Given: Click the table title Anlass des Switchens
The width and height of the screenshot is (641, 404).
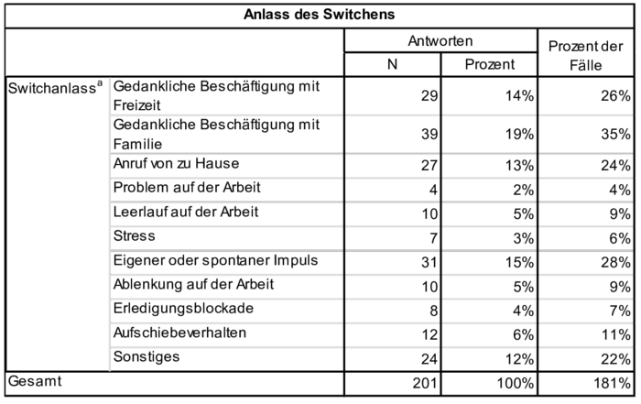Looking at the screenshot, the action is tap(320, 15).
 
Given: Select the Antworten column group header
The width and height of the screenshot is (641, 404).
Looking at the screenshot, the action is tap(440, 41).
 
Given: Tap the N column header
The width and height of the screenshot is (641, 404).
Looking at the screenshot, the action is tap(392, 64).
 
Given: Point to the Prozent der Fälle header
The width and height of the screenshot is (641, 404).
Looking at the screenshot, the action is tap(585, 55).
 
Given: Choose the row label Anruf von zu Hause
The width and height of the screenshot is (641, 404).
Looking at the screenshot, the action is tap(176, 164).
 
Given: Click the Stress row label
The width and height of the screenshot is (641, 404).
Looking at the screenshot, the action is tap(134, 236).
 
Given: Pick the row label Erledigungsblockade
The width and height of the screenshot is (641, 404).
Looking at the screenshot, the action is tap(183, 309).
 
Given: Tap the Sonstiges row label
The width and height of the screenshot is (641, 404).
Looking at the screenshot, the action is tap(147, 356).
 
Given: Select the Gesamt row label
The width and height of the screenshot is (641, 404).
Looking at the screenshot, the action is tap(35, 381).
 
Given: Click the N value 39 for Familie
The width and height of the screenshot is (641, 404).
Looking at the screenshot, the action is tap(429, 134).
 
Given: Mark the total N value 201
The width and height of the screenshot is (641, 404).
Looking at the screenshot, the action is tap(425, 383).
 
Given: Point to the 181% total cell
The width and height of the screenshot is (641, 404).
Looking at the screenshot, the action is tap(612, 383).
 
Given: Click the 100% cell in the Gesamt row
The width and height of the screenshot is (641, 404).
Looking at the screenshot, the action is tap(515, 383).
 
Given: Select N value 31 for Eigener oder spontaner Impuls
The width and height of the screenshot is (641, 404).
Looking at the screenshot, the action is tap(429, 262).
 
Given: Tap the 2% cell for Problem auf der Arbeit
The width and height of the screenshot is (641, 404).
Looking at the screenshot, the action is tap(524, 190).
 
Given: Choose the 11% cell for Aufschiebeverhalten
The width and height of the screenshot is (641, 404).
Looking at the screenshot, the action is tap(615, 335).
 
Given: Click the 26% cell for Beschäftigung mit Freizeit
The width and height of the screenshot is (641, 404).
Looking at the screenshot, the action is tap(615, 95).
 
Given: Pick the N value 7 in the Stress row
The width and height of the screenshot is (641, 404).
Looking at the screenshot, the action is tap(433, 238).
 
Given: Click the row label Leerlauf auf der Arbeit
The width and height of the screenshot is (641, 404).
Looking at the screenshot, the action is tap(186, 212).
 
